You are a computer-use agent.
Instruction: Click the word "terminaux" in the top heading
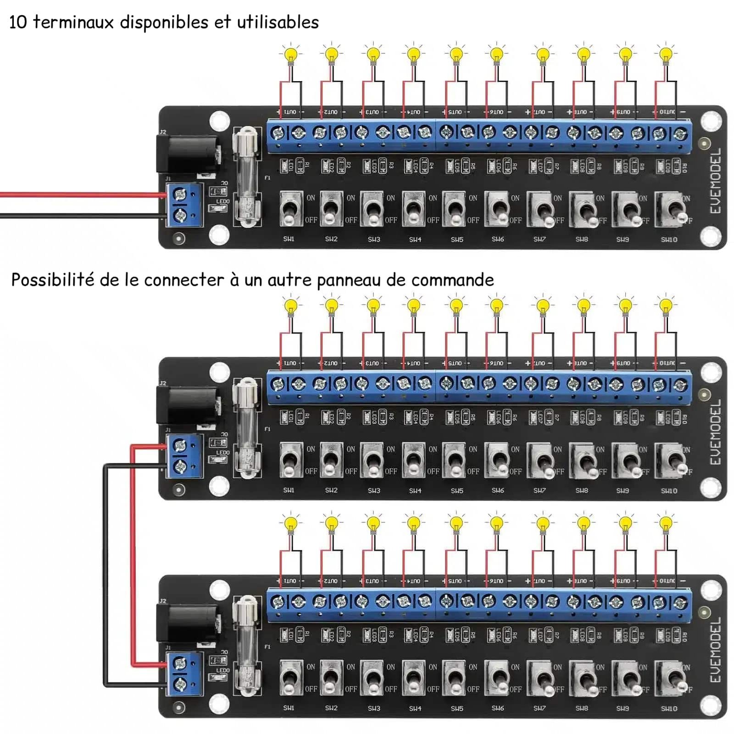click(73, 22)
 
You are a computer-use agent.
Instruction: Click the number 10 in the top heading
click(18, 22)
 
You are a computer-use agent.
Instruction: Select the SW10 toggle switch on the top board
click(672, 209)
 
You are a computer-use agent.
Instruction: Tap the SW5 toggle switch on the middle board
click(454, 460)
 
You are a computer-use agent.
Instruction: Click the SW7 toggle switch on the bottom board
click(540, 678)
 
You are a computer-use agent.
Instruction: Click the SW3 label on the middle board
click(374, 490)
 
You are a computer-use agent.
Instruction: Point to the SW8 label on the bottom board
click(582, 708)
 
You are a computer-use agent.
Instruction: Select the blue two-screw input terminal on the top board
click(184, 205)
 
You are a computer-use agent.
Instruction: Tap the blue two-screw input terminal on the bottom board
click(184, 673)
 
